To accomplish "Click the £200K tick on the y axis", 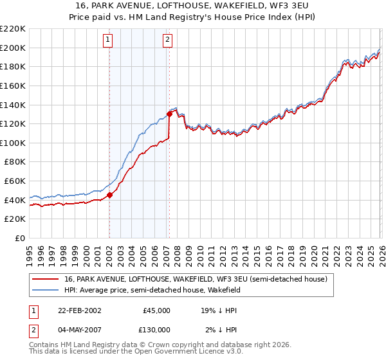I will [13, 48].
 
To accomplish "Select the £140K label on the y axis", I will [13, 105].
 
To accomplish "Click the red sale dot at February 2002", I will [109, 195].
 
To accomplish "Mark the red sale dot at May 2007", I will [169, 114].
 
